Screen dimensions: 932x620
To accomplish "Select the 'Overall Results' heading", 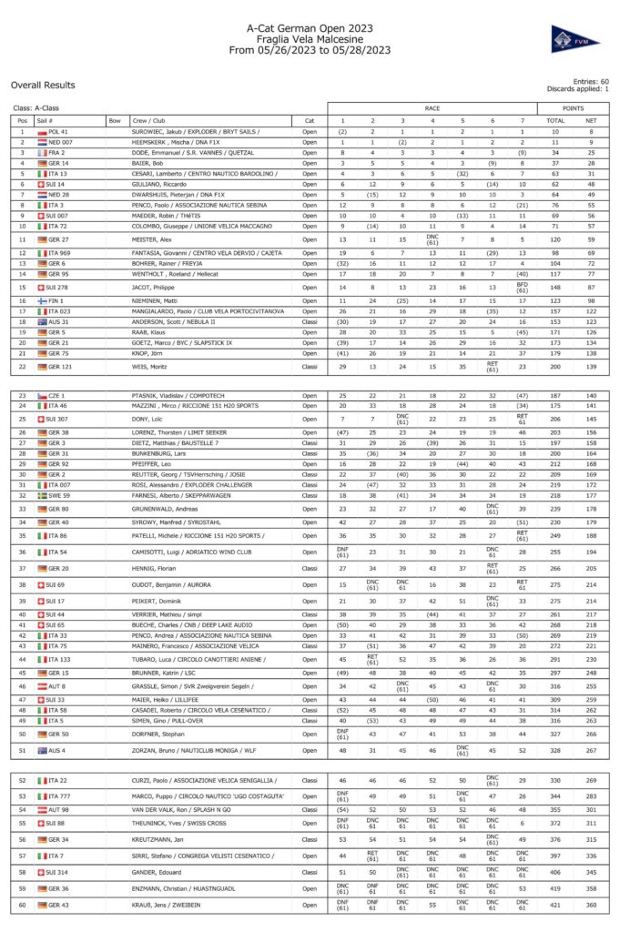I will click(43, 85).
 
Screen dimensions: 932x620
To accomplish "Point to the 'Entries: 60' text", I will click(590, 81).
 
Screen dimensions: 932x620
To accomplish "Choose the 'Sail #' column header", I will click(46, 120).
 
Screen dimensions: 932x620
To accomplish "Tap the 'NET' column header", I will click(591, 120).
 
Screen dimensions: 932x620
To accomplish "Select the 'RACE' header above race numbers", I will click(432, 107).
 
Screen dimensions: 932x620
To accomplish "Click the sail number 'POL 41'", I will click(58, 132).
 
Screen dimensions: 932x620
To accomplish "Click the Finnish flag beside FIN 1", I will click(42, 300).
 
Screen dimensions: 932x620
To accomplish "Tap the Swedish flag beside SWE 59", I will click(42, 494).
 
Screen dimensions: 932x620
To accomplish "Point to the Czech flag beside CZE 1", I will click(42, 397).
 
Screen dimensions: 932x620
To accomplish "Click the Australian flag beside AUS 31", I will click(42, 321).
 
